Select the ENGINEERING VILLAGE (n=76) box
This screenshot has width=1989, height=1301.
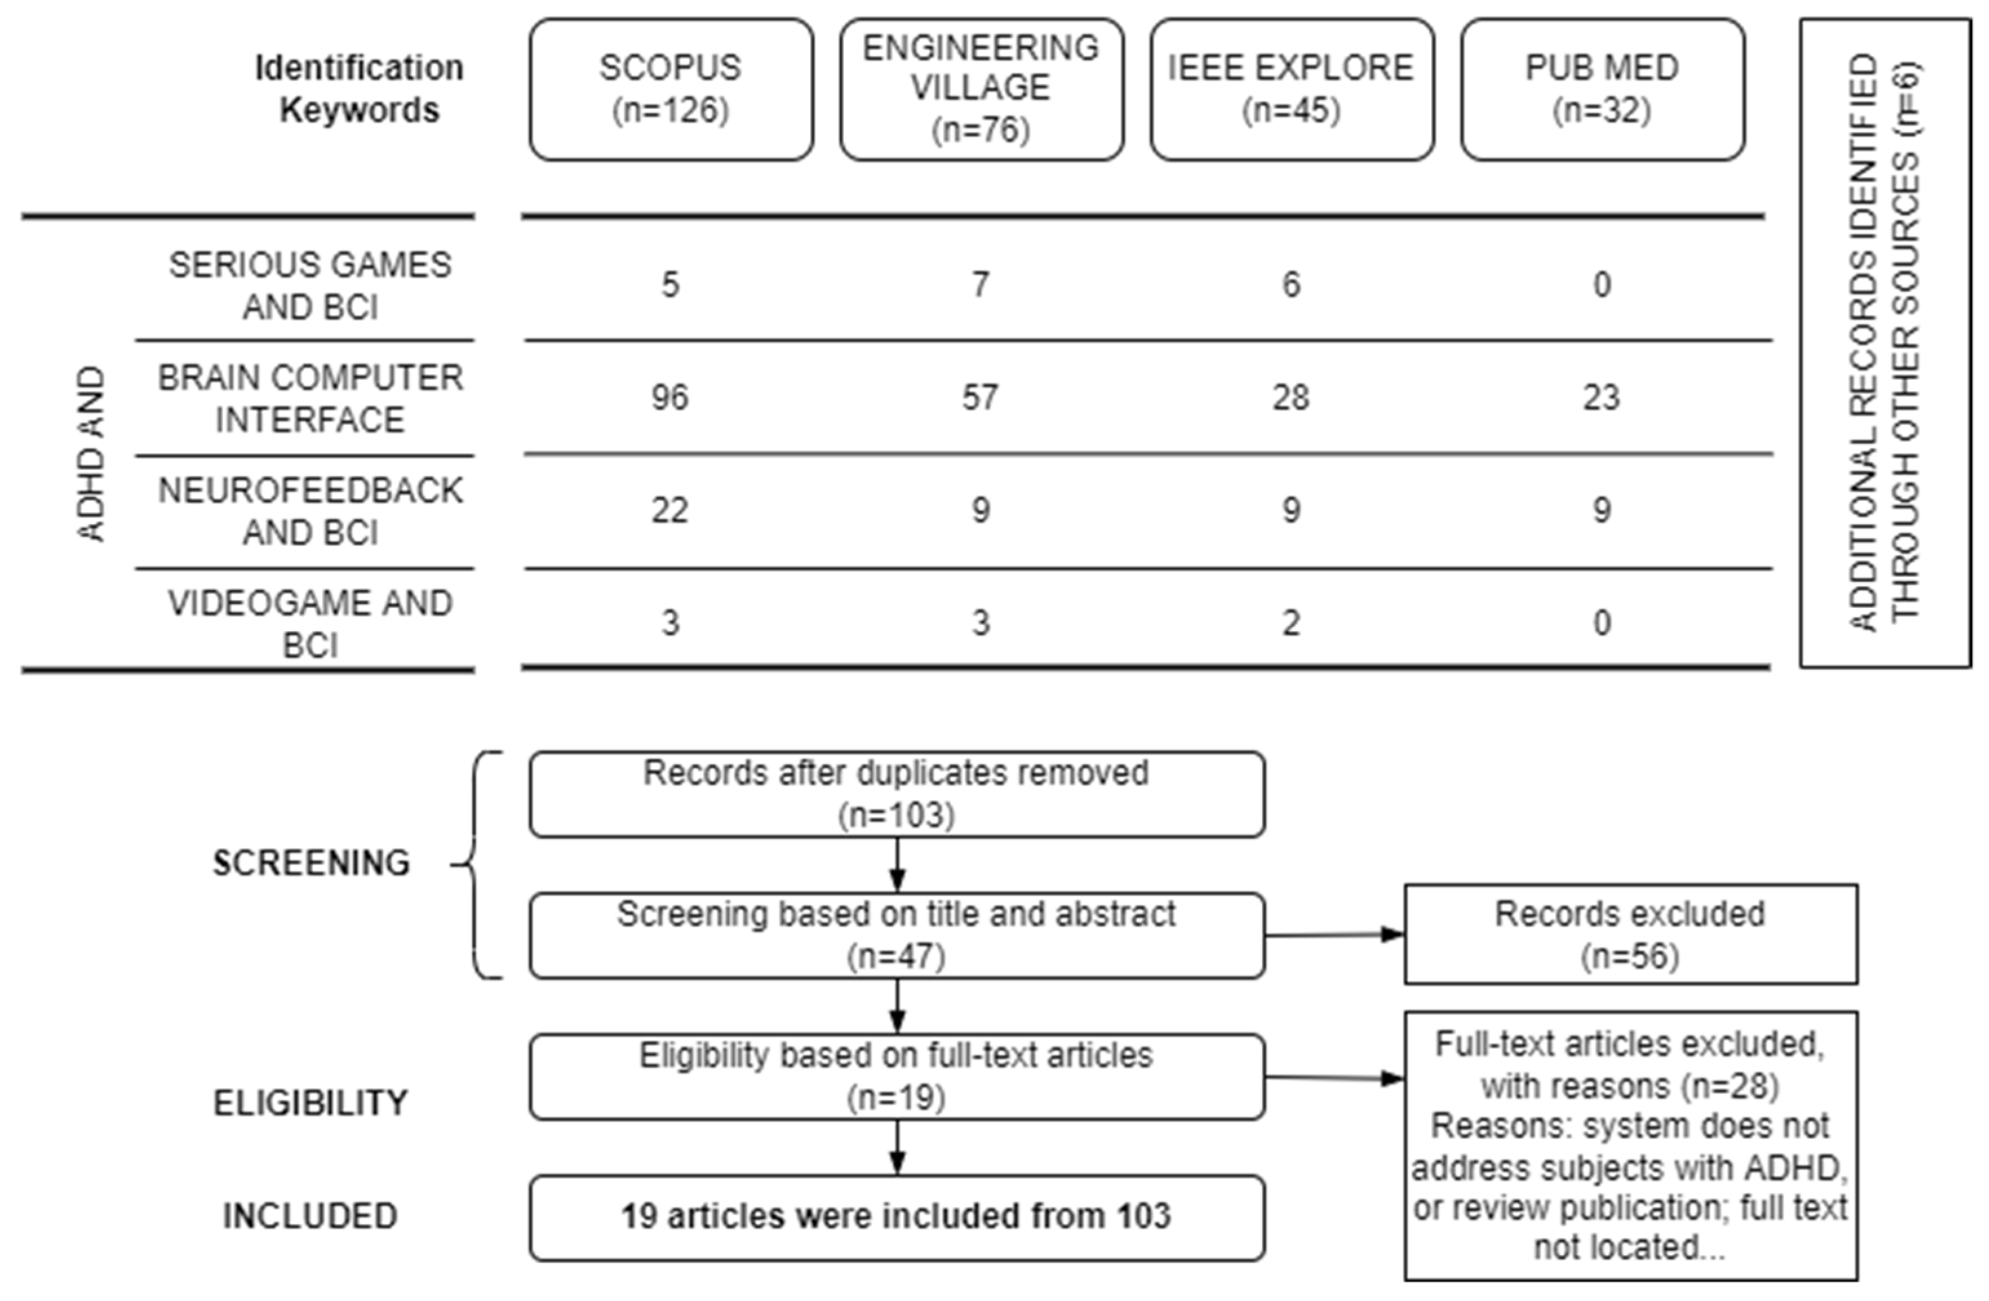click(981, 90)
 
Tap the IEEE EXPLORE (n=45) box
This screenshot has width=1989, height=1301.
click(1291, 90)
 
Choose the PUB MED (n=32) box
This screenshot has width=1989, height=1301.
click(1602, 90)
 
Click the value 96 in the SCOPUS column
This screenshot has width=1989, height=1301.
click(670, 398)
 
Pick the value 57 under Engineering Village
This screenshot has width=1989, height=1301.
click(980, 398)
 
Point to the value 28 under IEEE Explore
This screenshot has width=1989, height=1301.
click(1291, 398)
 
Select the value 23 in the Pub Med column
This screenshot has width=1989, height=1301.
click(1601, 398)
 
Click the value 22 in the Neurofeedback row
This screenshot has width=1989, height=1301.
click(670, 510)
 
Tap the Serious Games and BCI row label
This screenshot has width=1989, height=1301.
click(310, 286)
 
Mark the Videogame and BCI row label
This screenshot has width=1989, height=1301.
click(310, 623)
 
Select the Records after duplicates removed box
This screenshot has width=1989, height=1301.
click(897, 794)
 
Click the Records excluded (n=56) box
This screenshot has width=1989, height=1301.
click(1631, 934)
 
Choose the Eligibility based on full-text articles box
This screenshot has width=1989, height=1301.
click(897, 1076)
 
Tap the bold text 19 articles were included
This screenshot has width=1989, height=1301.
click(897, 1216)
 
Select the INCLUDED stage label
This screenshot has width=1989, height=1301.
click(310, 1216)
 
